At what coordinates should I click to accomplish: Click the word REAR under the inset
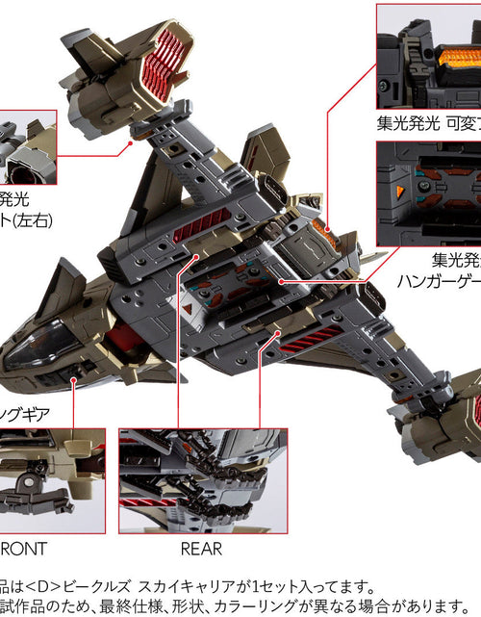pyautogui.click(x=201, y=549)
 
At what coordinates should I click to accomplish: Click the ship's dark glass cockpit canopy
pyautogui.click(x=42, y=345)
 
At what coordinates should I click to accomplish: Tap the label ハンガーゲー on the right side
pyautogui.click(x=439, y=282)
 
